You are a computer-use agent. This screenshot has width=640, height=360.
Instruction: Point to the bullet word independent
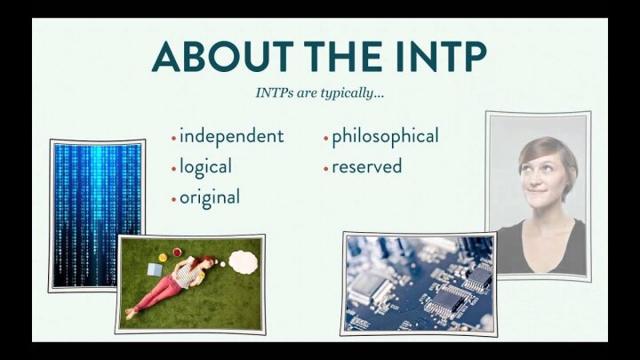(x=231, y=137)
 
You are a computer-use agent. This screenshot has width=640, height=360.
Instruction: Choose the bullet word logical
(x=205, y=167)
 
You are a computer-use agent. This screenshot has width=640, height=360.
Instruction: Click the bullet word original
(x=210, y=198)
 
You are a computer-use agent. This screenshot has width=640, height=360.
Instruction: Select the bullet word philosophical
(x=385, y=137)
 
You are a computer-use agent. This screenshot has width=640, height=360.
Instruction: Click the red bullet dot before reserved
(x=325, y=169)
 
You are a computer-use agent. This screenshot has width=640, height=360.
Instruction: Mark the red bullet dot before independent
(x=173, y=139)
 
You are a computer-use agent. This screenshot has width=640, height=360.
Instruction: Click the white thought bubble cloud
(x=244, y=261)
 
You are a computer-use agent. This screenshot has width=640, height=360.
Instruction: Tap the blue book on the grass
(x=155, y=269)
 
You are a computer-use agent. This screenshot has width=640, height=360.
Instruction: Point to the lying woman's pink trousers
(x=158, y=293)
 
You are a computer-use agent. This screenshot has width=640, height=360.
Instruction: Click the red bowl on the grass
(x=177, y=252)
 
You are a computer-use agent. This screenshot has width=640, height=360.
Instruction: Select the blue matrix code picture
(x=97, y=215)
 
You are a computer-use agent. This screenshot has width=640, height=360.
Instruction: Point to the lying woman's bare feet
(x=131, y=313)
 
